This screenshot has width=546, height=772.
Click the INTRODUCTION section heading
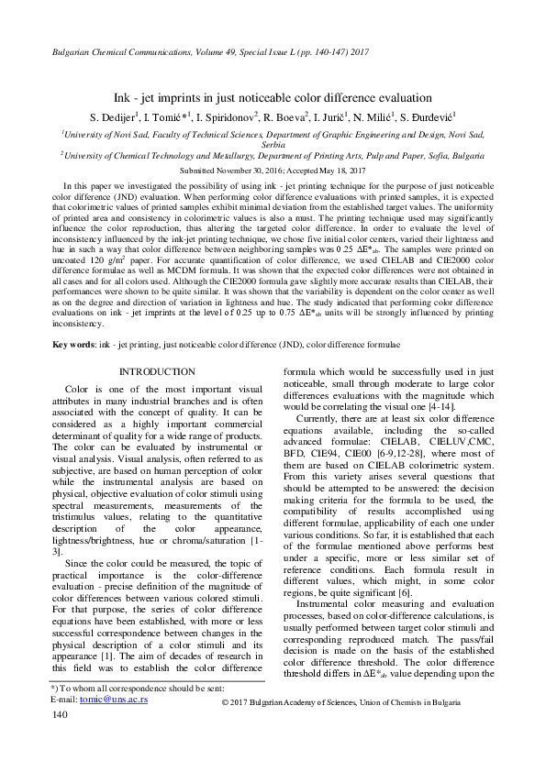157,371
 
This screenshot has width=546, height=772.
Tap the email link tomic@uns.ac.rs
114,724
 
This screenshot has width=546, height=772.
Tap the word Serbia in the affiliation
273,145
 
